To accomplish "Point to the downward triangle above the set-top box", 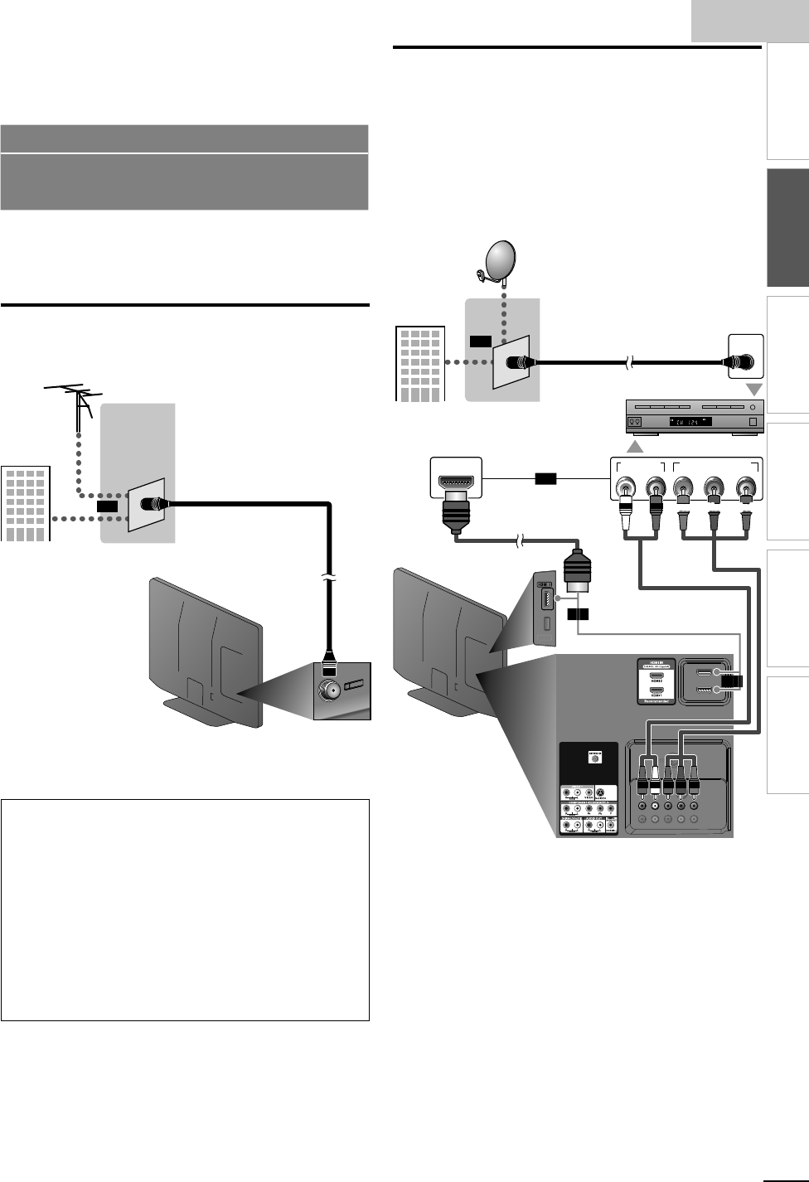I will (x=755, y=390).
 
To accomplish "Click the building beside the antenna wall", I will (x=27, y=504).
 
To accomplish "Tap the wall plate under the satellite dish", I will (x=511, y=362).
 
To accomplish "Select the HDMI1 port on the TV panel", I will (x=656, y=691).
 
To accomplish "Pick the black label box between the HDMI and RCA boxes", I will (x=546, y=478).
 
